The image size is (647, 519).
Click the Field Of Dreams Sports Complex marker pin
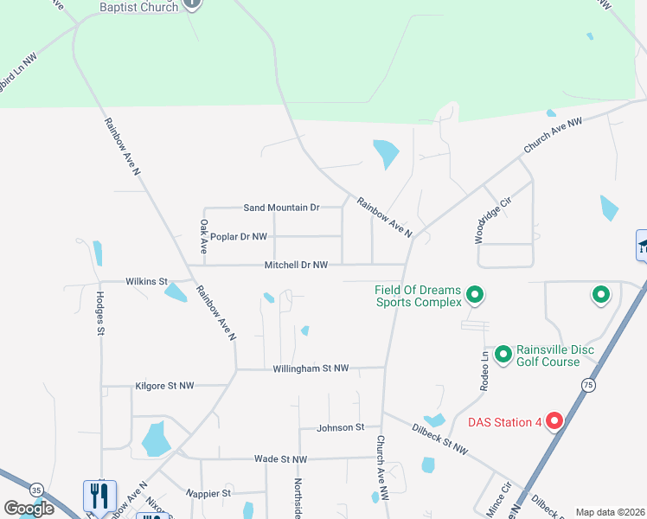474,297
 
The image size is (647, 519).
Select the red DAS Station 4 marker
554,422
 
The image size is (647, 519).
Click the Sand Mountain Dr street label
281,208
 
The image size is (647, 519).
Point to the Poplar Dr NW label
239,236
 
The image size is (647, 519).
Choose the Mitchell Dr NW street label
296,265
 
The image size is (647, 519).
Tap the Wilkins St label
146,281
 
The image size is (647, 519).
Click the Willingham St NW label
311,368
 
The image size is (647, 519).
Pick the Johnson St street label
341,427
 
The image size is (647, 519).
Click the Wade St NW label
280,458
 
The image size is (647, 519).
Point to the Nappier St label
208,493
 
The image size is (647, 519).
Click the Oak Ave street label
204,235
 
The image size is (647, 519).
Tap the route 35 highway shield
36,490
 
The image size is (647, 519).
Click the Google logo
29,509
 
